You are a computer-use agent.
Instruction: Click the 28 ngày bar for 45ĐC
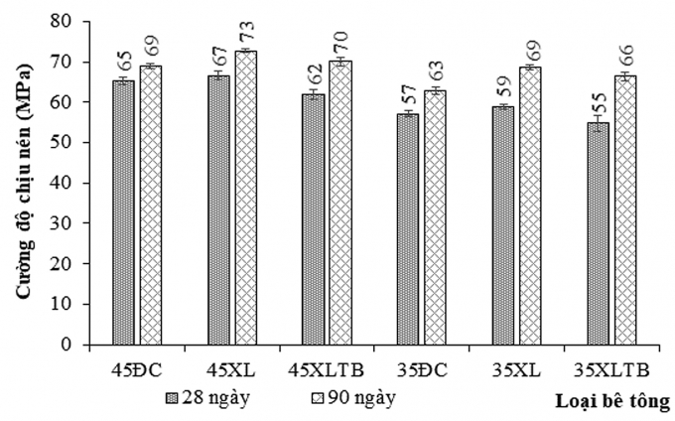(x=123, y=212)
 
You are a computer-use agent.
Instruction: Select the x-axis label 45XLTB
(x=326, y=370)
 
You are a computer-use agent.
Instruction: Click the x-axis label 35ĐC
(x=421, y=370)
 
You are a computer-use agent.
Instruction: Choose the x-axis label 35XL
(x=516, y=370)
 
